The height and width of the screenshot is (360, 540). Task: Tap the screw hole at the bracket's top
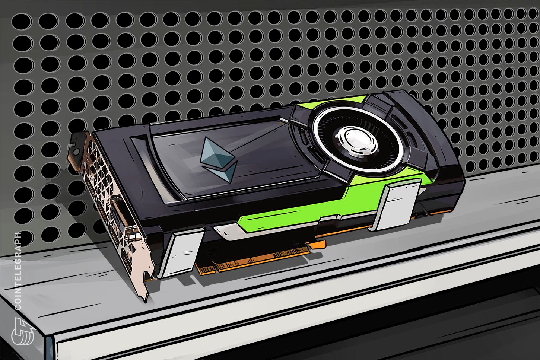click(76, 151)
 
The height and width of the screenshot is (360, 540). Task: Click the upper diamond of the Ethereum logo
click(216, 153)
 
